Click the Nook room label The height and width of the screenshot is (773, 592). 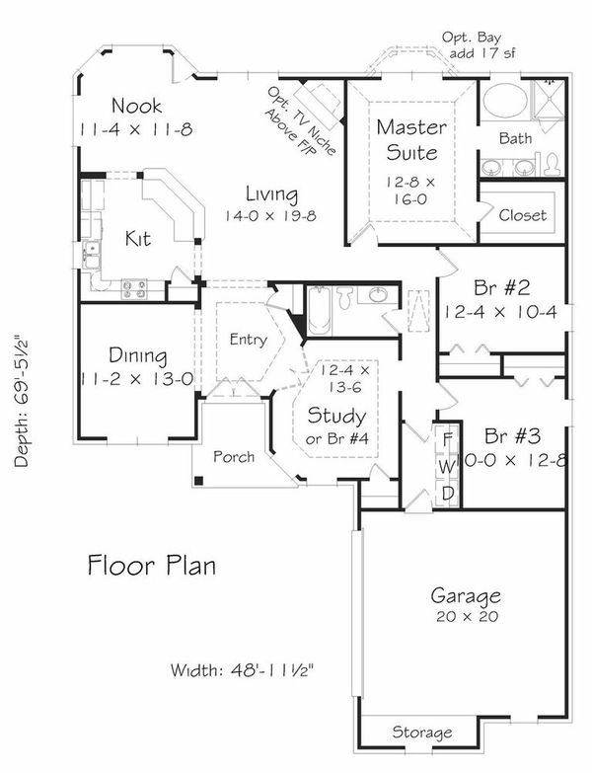coord(136,106)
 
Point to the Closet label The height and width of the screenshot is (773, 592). coord(522,215)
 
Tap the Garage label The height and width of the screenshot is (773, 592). coord(466,595)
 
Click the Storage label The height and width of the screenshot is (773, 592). coord(421,733)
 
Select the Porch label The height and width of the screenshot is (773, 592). coord(233,457)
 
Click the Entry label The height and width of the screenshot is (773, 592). coord(247,341)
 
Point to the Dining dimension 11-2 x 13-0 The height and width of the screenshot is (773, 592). coord(137,376)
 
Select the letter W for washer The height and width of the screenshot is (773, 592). coord(446,463)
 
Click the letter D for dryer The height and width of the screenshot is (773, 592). coord(446,491)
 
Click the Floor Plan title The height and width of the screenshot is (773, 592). coord(151,567)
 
